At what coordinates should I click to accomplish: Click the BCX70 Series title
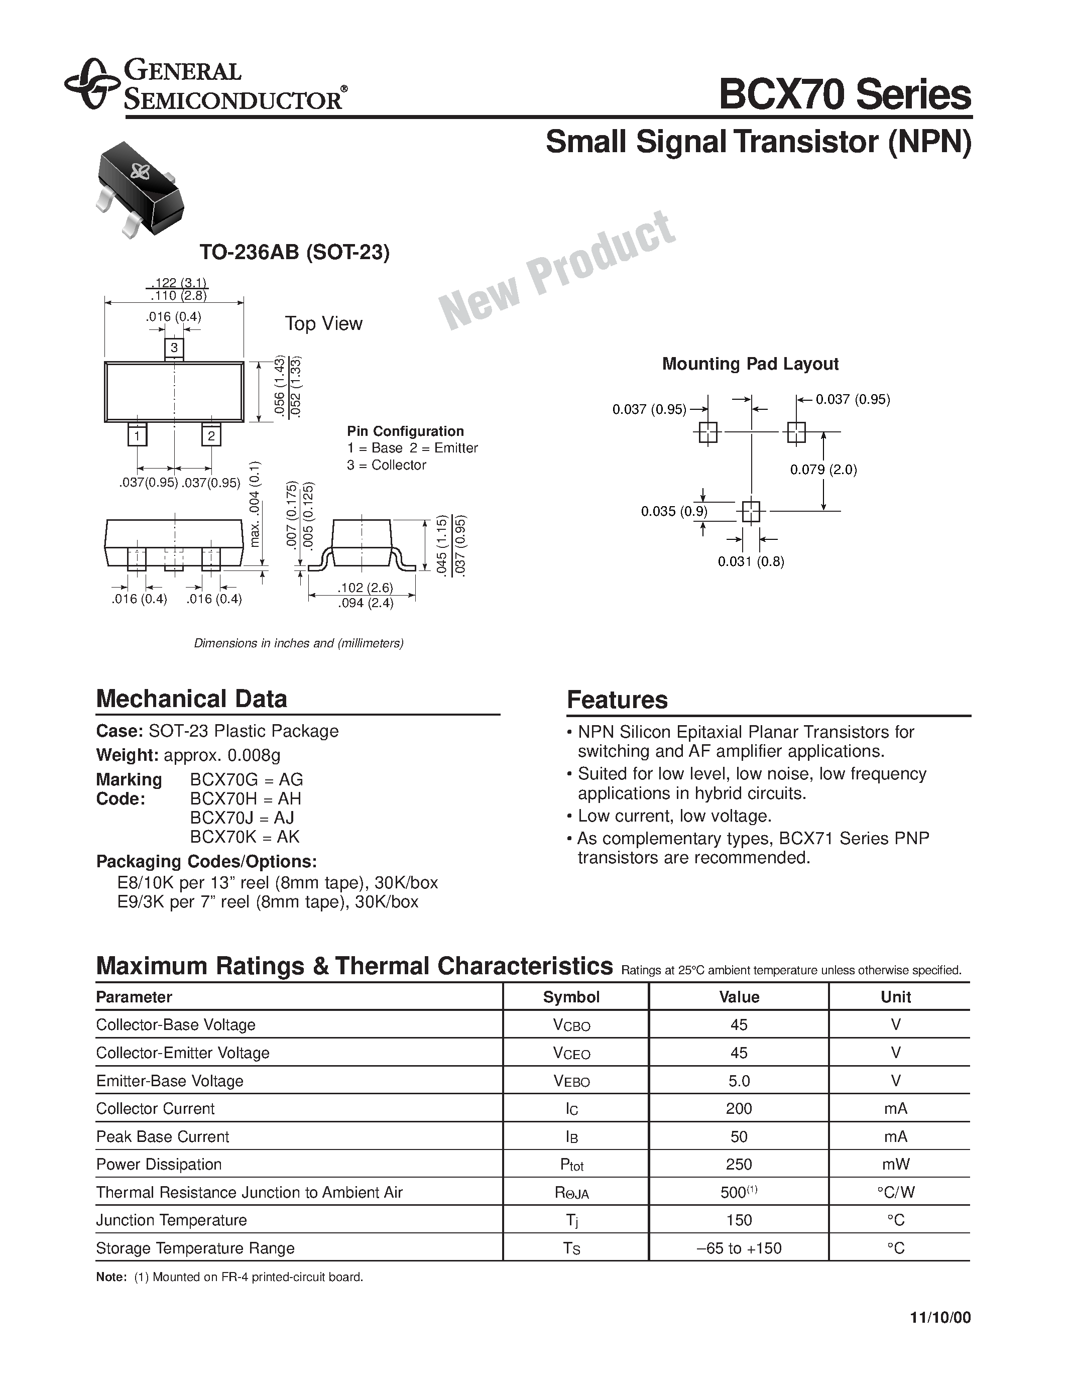click(845, 95)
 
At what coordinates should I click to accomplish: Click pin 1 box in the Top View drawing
click(137, 436)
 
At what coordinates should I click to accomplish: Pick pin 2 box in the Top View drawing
click(211, 436)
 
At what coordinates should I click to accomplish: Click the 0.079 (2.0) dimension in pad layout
click(823, 470)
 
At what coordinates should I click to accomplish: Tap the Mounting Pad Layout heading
click(750, 364)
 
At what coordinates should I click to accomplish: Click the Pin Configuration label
click(405, 431)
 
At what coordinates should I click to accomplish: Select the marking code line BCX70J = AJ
click(242, 818)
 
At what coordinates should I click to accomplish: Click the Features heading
click(617, 700)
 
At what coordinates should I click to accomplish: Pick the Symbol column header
click(571, 997)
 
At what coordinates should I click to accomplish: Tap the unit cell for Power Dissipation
click(895, 1165)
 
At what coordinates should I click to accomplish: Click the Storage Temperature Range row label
click(195, 1248)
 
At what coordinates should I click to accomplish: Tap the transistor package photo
click(139, 188)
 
